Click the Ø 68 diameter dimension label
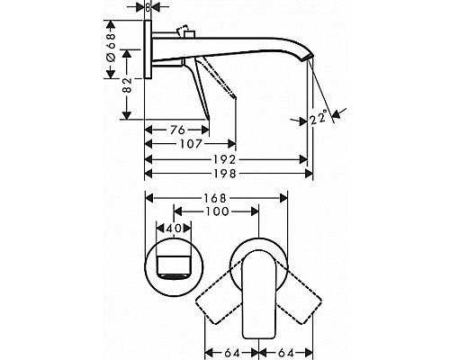[x=111, y=48]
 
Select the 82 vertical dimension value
[x=127, y=85]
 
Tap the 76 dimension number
[x=177, y=130]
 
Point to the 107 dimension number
[x=191, y=144]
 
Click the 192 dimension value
[x=224, y=159]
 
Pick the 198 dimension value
[x=224, y=174]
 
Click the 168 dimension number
[x=215, y=198]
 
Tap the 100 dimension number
[x=217, y=211]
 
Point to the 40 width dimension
[x=174, y=229]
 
